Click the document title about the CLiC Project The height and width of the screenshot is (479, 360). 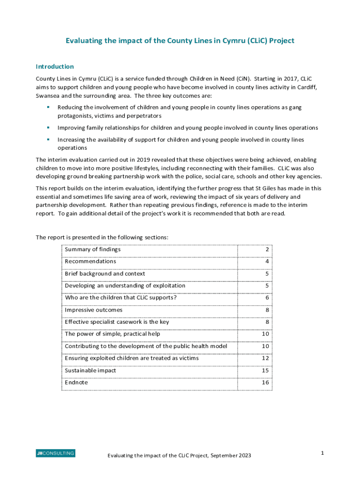[x=180, y=41]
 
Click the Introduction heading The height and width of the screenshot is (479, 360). [x=55, y=66]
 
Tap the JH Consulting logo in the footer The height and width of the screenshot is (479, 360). [x=55, y=453]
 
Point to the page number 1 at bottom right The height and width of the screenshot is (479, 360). [x=323, y=453]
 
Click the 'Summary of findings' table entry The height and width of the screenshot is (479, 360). [x=93, y=249]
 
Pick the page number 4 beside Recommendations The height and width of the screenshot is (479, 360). [x=267, y=261]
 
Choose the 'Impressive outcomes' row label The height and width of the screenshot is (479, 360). [x=94, y=310]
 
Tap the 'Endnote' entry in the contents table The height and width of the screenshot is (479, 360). [x=76, y=383]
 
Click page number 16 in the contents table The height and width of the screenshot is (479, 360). [x=265, y=383]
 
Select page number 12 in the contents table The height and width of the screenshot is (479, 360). [x=265, y=358]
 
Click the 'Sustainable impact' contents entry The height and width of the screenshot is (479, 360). [x=90, y=370]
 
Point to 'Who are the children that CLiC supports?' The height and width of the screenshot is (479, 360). [x=121, y=298]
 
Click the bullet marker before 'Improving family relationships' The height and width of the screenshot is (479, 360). [x=48, y=127]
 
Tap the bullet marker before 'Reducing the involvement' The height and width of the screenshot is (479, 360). [x=48, y=107]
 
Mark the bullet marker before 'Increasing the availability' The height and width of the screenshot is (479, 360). [x=48, y=139]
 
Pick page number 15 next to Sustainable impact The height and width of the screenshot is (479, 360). [x=265, y=370]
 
